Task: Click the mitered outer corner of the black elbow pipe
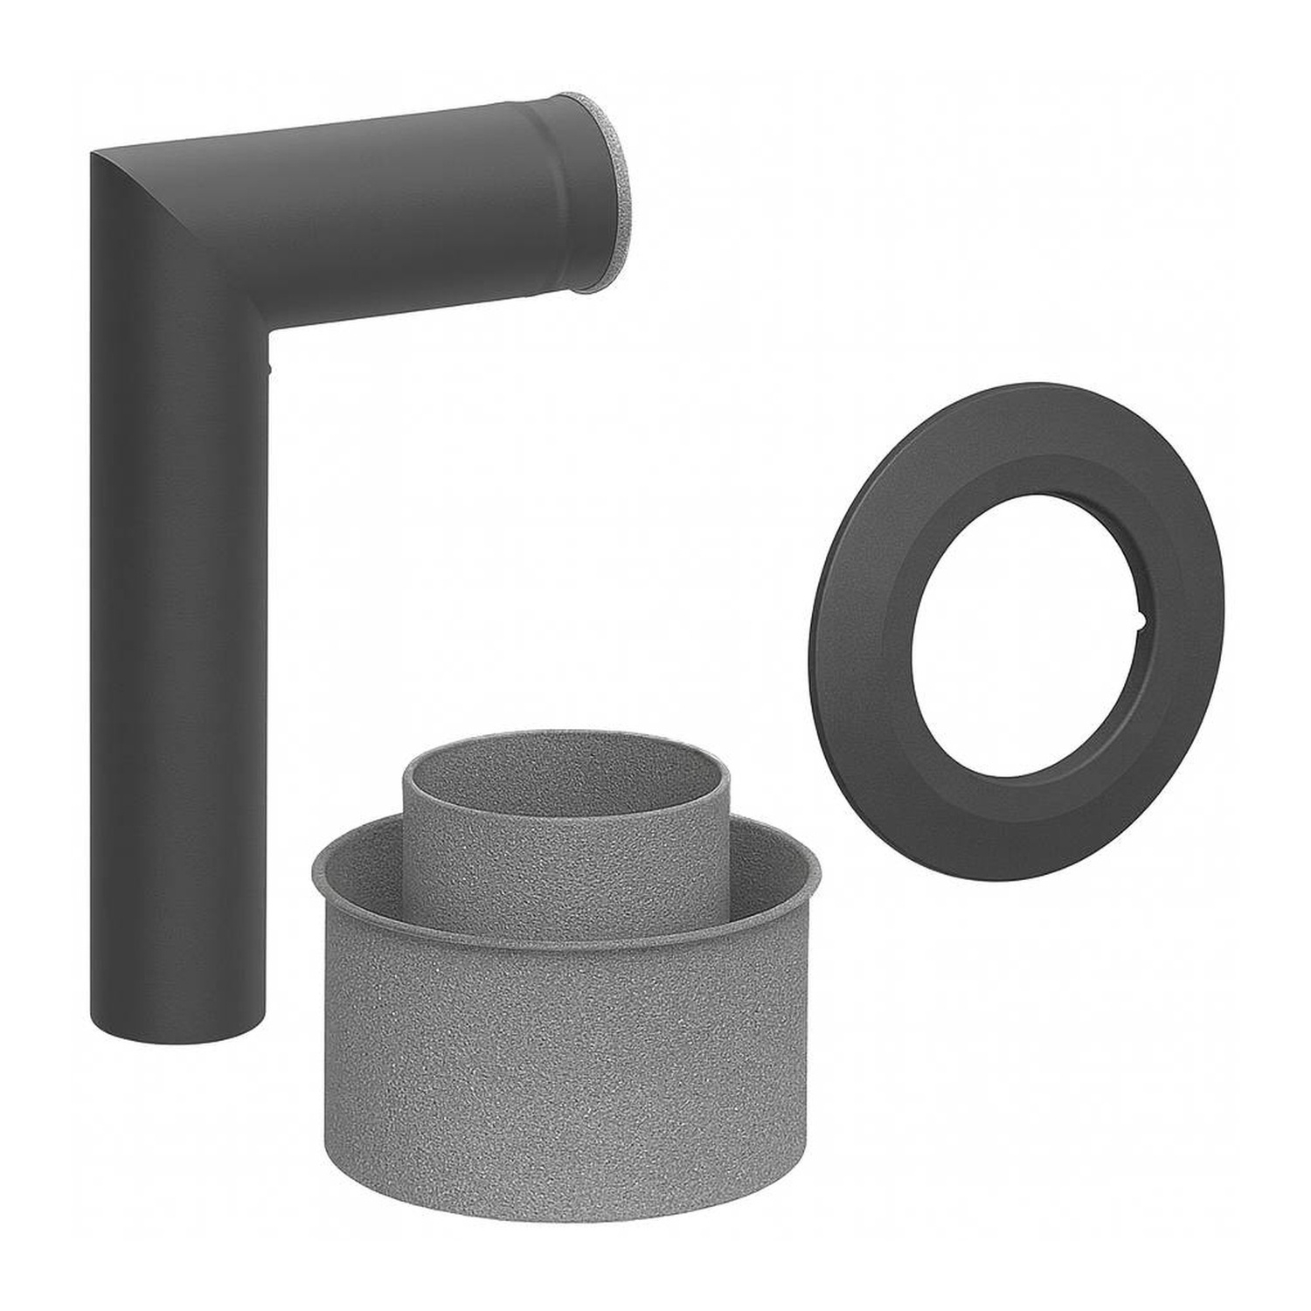coord(98,156)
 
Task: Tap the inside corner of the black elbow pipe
coord(268,332)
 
